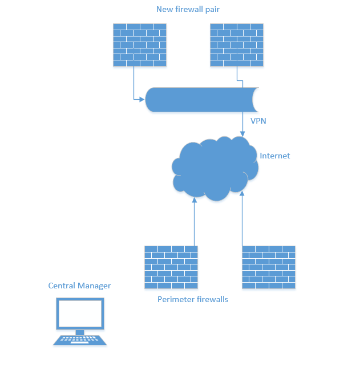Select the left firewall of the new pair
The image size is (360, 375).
click(x=140, y=45)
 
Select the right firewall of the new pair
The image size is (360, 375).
click(x=237, y=45)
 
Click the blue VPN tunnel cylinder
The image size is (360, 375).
click(x=200, y=100)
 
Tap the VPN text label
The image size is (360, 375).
click(x=258, y=121)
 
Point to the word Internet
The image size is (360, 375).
click(x=275, y=156)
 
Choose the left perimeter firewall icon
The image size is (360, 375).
click(x=171, y=267)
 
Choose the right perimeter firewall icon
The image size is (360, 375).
click(x=269, y=267)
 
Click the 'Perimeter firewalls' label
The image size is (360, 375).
click(x=193, y=299)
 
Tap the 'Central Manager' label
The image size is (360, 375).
click(x=79, y=286)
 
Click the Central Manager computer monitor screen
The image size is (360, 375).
click(x=80, y=313)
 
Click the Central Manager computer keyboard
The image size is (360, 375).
click(x=80, y=340)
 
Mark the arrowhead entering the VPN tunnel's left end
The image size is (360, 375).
click(x=143, y=100)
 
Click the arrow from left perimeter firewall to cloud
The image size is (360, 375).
click(x=195, y=222)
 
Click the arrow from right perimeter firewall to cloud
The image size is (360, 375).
click(x=242, y=219)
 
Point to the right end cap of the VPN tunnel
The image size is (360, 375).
click(x=256, y=100)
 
